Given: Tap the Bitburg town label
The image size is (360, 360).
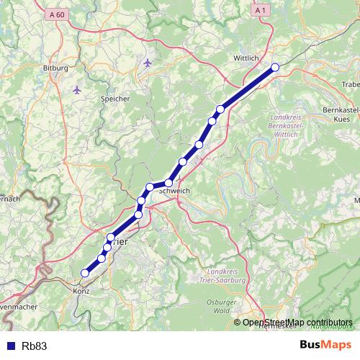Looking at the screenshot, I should pos(55,68).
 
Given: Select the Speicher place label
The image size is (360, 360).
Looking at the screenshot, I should pos(116,98).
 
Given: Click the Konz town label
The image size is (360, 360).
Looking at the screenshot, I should pos(81,292).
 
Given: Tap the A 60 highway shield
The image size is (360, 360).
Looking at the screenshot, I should pos(58,14).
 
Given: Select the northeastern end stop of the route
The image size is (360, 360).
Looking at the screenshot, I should pos(275,68).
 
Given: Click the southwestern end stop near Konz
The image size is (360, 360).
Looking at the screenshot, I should pos(85,273).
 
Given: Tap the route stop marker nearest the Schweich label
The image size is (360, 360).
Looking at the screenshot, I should pos(168,183).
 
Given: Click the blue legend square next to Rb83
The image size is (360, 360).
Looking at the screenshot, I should pos(9,346).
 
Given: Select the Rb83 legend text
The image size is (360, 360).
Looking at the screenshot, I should pos(35,346).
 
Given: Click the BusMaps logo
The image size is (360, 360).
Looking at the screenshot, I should pos(325,346).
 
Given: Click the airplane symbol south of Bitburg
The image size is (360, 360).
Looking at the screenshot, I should pos(77,90).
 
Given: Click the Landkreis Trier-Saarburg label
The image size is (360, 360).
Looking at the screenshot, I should pos(226,274).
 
